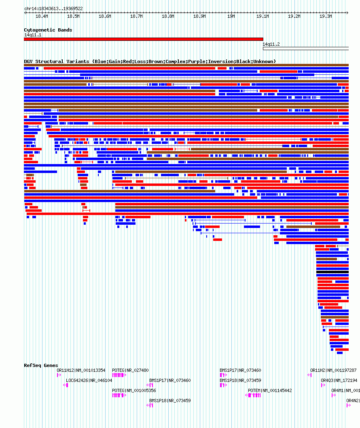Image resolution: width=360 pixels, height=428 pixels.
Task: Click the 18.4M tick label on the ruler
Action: [x=42, y=17]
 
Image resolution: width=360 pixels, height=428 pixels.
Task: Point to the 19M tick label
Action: [x=231, y=17]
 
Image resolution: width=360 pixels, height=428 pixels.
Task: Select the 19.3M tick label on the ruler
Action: [x=326, y=17]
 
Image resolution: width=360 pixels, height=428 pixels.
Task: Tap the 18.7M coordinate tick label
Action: [x=136, y=17]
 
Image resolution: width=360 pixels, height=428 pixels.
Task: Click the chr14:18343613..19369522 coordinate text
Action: [x=53, y=8]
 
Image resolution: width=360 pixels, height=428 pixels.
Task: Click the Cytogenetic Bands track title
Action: [x=48, y=30]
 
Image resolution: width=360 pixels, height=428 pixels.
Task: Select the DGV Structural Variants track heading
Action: [x=150, y=61]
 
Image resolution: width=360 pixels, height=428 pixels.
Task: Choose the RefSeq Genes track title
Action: [x=41, y=365]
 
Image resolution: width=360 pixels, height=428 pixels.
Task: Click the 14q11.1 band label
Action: [x=33, y=35]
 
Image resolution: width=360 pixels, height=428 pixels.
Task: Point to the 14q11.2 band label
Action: [x=271, y=44]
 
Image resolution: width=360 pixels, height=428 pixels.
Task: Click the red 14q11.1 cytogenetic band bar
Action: [x=144, y=39]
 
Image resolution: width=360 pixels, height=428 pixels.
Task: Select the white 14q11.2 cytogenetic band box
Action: [x=305, y=48]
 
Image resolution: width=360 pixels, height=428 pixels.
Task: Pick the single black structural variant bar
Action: [x=332, y=272]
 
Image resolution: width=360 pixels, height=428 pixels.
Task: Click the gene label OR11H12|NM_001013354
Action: [x=81, y=370]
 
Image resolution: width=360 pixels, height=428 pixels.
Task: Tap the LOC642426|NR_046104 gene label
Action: [x=89, y=380]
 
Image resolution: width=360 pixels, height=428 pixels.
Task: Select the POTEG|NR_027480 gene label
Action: [x=130, y=370]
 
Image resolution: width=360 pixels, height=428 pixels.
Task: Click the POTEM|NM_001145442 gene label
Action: [x=270, y=390]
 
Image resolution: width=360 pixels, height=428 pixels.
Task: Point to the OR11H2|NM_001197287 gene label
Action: [x=333, y=370]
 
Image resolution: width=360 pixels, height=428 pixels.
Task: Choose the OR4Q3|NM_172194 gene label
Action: [x=339, y=380]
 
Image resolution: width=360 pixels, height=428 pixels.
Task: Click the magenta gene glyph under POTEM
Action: [x=254, y=395]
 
